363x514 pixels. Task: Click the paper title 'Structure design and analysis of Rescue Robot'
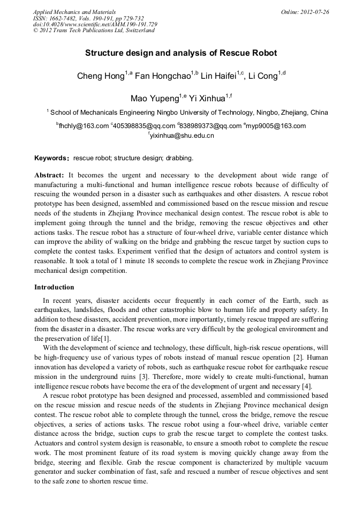click(x=181, y=54)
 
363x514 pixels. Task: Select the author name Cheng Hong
click(x=101, y=76)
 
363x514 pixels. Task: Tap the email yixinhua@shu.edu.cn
click(x=182, y=136)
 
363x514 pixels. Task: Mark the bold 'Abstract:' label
click(x=49, y=175)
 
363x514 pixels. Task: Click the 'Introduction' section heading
click(x=54, y=287)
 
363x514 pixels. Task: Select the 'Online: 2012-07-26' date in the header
click(x=305, y=12)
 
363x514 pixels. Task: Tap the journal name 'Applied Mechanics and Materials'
click(x=74, y=12)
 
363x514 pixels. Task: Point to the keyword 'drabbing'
click(x=179, y=158)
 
